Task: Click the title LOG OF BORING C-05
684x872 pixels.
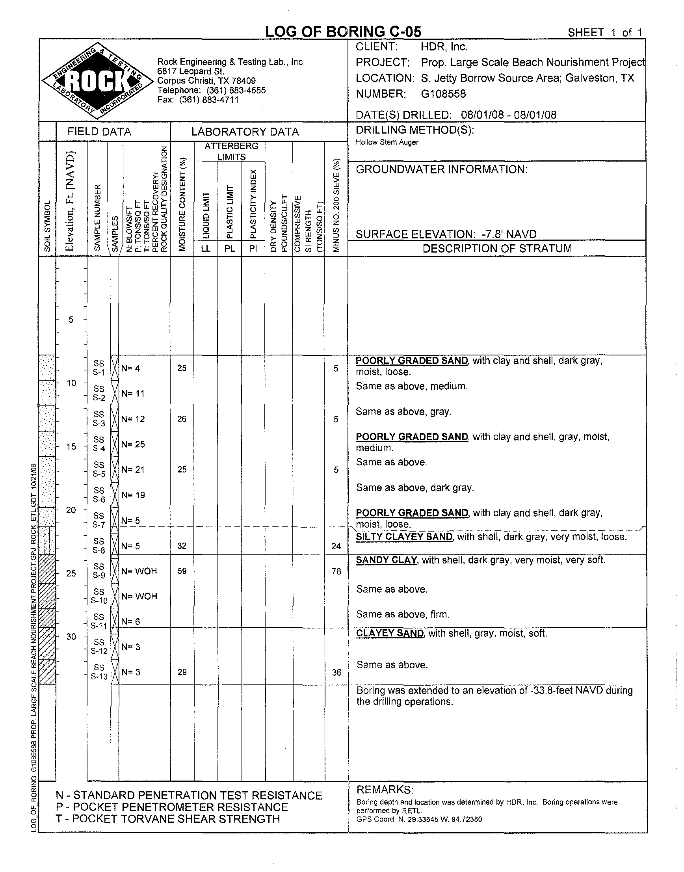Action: tap(343, 32)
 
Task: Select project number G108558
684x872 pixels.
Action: tap(443, 94)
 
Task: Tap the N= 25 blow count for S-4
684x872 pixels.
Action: tap(133, 444)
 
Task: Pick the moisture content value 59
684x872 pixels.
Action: tap(182, 571)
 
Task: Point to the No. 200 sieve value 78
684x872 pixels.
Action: tap(336, 571)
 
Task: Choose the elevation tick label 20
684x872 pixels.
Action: tap(71, 510)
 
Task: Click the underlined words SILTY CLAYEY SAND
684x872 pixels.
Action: tap(404, 537)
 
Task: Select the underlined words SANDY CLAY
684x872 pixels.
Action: tap(387, 560)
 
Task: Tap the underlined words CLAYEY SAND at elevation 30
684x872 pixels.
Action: tap(390, 633)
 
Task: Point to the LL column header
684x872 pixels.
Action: tap(205, 248)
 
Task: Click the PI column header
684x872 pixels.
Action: tap(253, 248)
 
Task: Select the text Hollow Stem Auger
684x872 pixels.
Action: tap(387, 142)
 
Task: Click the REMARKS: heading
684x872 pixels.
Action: tap(385, 790)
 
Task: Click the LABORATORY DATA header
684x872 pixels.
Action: tap(245, 132)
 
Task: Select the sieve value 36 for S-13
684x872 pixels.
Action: tap(336, 673)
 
